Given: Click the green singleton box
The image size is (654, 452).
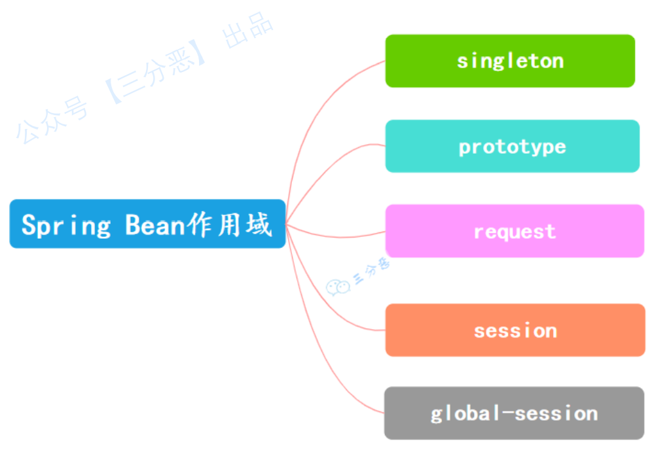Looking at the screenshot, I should click(510, 61).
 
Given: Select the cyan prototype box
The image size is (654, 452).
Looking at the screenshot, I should click(512, 146).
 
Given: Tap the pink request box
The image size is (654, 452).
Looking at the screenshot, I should click(515, 231).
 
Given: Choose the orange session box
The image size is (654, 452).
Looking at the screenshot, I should click(515, 330).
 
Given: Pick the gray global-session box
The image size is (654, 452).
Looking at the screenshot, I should click(514, 413).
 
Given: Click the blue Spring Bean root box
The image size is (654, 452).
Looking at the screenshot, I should click(147, 224).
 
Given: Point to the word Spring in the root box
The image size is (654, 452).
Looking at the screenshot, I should click(66, 225).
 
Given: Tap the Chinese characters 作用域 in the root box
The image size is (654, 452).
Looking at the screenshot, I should click(229, 224).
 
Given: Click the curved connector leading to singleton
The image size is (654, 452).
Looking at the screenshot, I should click(327, 105).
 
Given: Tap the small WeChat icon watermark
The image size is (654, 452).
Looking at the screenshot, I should click(338, 287).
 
